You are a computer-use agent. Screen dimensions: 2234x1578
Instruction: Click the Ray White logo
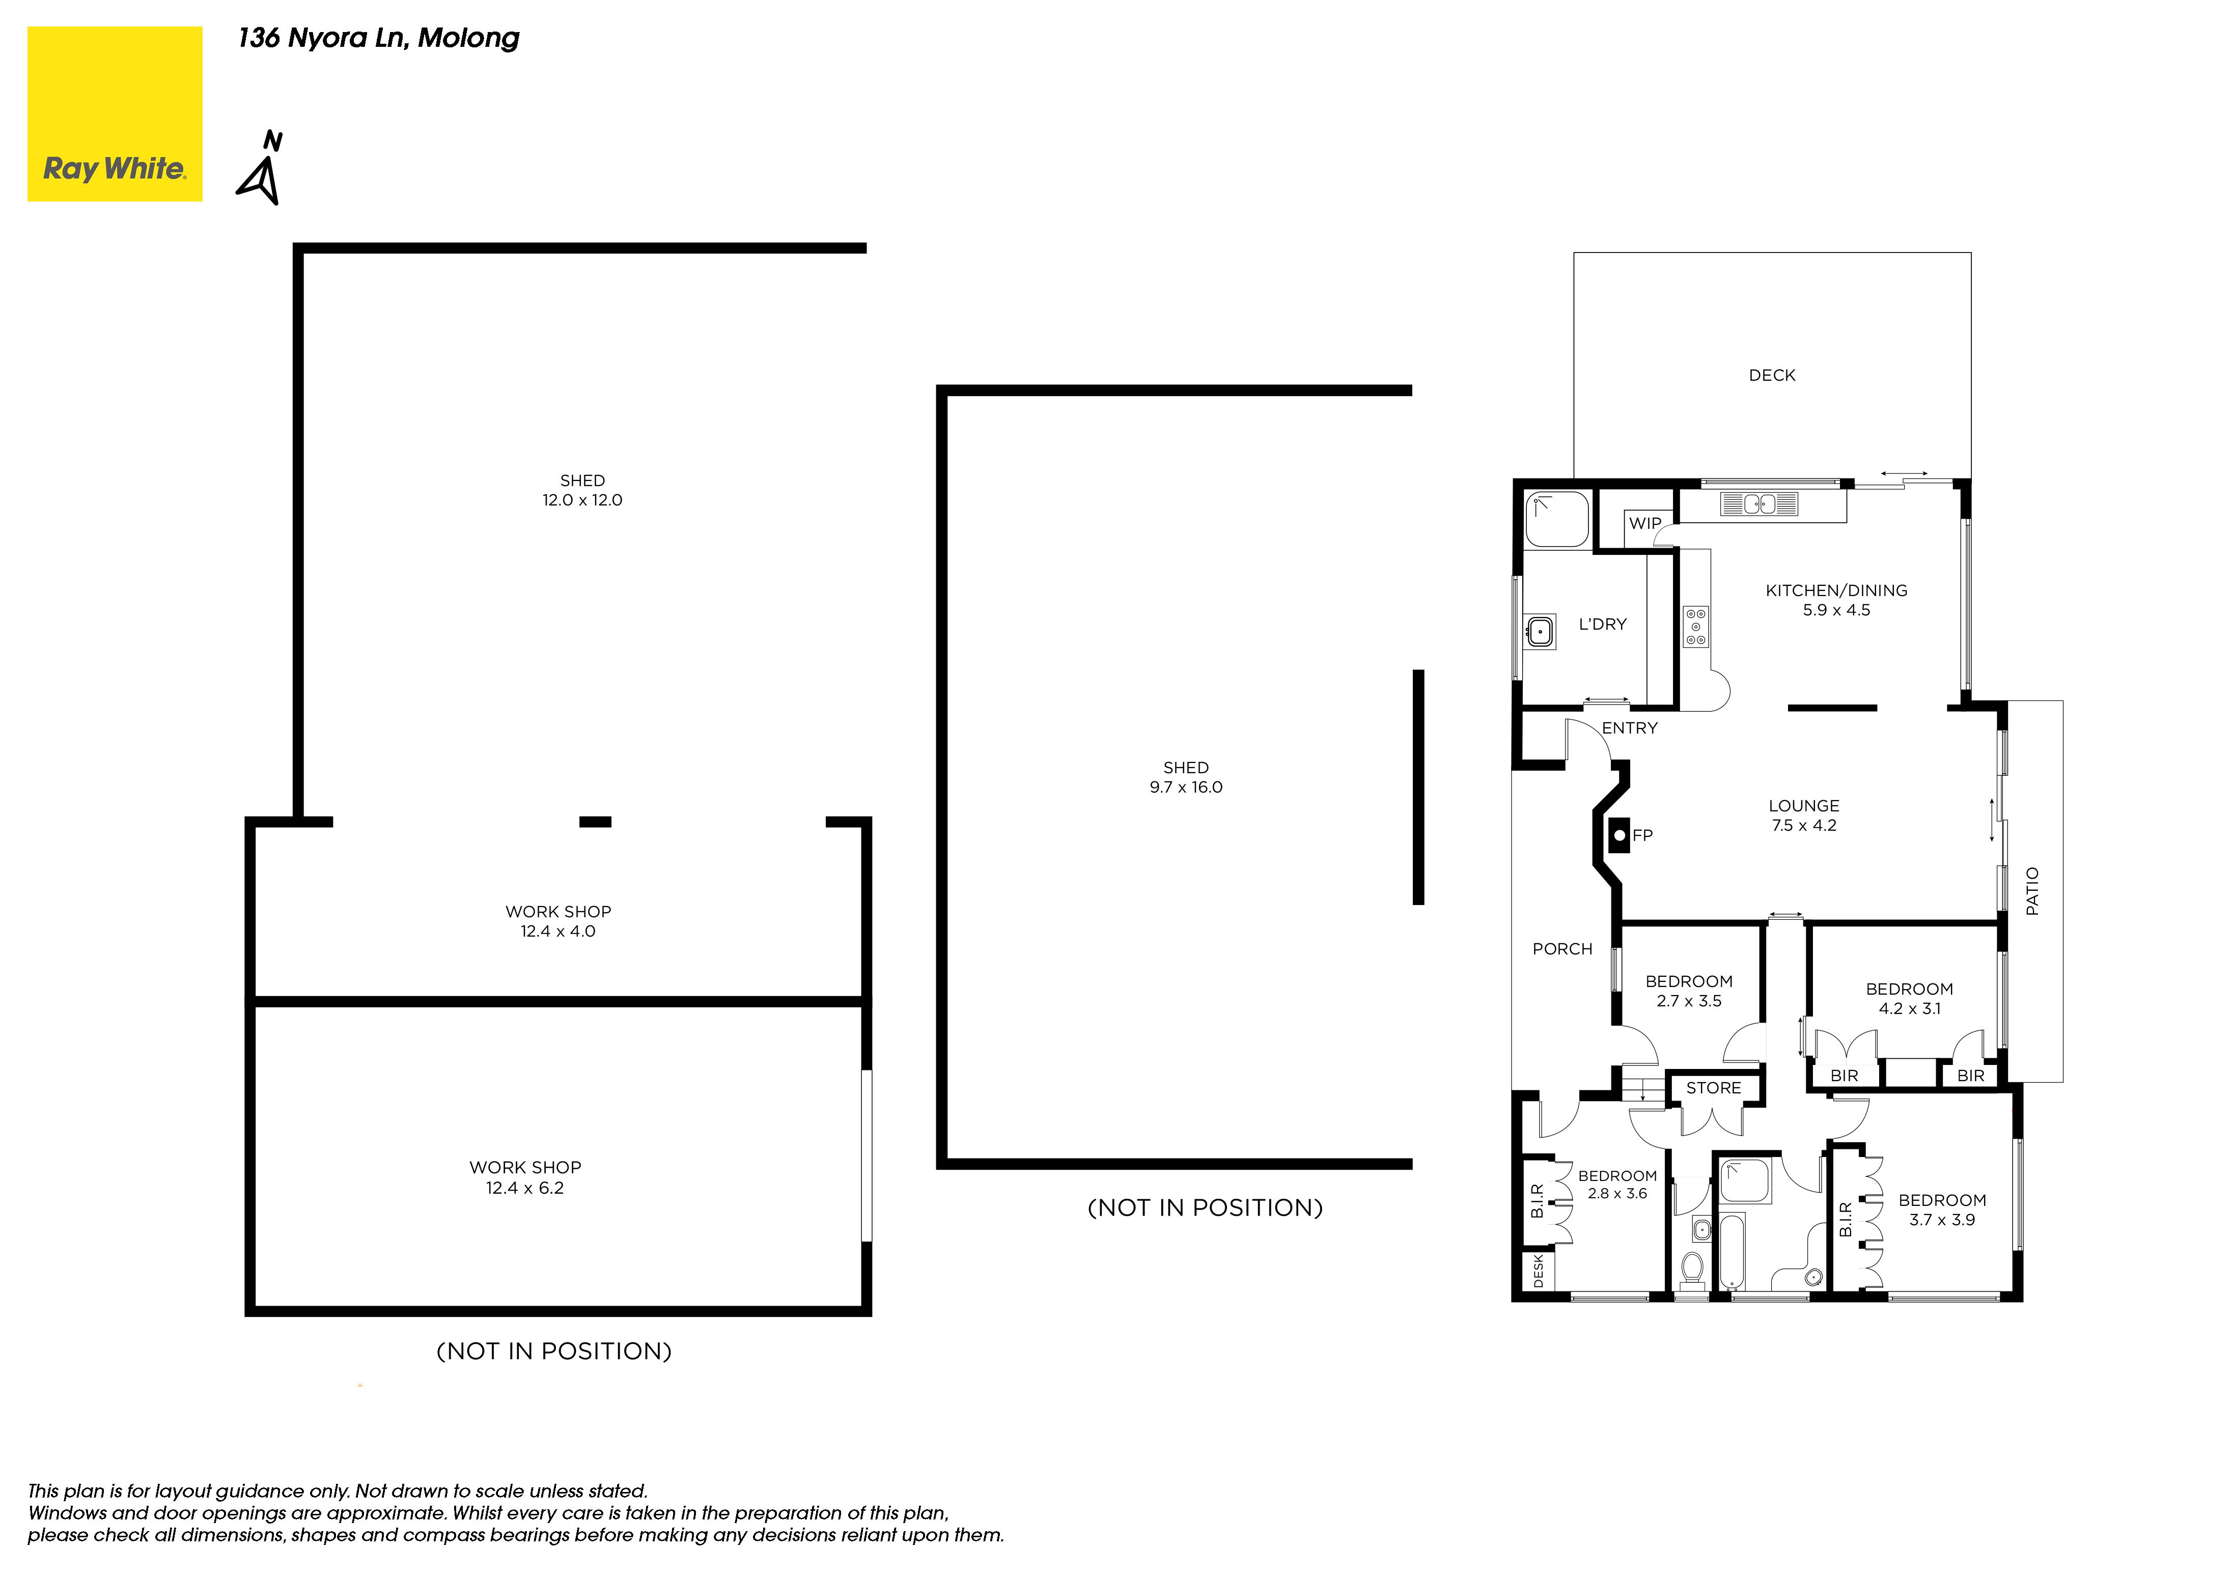115,114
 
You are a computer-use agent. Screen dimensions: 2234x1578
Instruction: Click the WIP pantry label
1645,523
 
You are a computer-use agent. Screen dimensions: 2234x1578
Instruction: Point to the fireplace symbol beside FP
1619,835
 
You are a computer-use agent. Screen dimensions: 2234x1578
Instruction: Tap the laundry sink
1539,631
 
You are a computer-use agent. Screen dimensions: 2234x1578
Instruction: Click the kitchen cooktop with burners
1696,627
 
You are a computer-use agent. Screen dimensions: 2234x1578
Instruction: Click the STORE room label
1714,1088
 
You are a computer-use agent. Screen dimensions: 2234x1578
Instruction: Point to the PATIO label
2032,891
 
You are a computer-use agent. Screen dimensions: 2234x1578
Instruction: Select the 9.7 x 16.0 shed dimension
1186,787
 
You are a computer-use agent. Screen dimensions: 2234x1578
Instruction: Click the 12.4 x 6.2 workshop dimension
525,1188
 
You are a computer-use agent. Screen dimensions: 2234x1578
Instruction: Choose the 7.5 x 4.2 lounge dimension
1804,825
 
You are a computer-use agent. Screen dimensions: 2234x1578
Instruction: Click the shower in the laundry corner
1557,520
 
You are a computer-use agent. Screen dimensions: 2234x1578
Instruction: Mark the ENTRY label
1630,728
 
